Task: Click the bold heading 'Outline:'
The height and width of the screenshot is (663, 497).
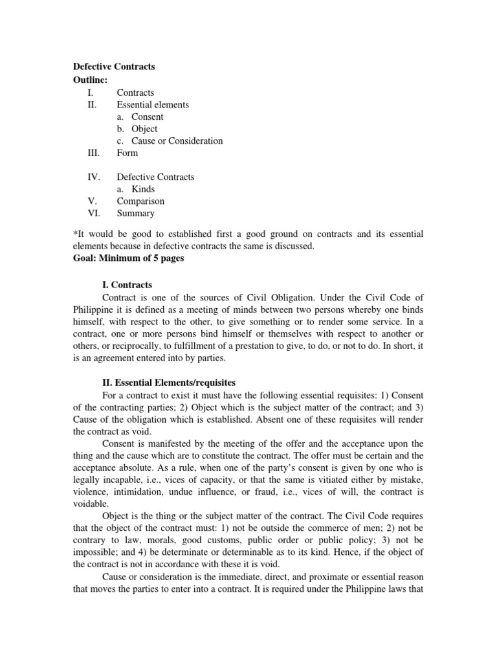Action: click(90, 79)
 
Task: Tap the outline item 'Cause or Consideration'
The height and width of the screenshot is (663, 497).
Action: click(177, 140)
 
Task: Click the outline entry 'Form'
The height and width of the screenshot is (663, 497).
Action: click(127, 153)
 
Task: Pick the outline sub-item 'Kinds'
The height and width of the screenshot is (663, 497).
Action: click(143, 189)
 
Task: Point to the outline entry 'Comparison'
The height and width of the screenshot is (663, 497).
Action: click(140, 201)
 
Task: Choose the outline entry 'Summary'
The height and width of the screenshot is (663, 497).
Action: click(135, 213)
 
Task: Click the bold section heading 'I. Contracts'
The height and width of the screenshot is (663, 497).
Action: click(127, 285)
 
